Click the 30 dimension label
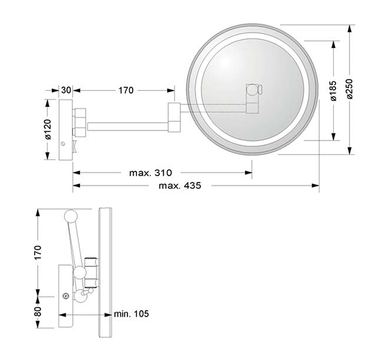[x=66, y=90]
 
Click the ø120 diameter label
[x=48, y=129]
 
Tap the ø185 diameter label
[x=333, y=91]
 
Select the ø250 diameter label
[x=350, y=89]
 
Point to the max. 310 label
[x=150, y=173]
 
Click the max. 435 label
[x=180, y=186]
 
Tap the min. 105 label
[x=131, y=314]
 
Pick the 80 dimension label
[x=39, y=311]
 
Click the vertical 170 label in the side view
[x=38, y=253]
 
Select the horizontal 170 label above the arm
[x=126, y=90]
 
